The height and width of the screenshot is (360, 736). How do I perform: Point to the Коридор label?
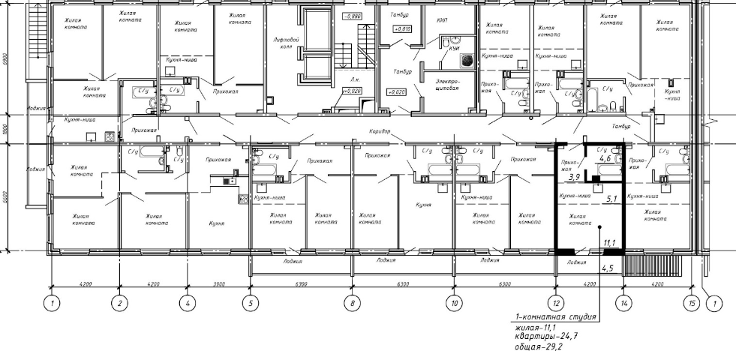pos(380,131)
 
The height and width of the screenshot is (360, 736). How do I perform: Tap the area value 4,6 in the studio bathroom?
pos(605,158)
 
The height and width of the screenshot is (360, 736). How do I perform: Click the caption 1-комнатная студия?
pos(555,317)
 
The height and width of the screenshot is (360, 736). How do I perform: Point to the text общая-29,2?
pos(536,349)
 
